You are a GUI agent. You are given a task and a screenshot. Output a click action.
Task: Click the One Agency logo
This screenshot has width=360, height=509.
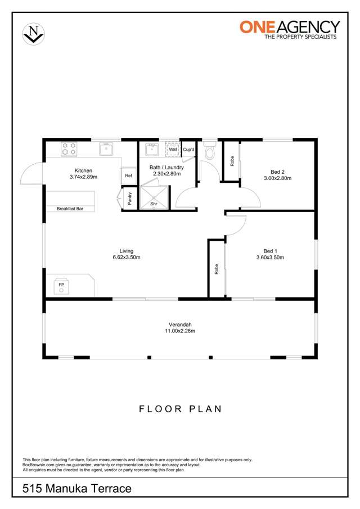[x=290, y=29]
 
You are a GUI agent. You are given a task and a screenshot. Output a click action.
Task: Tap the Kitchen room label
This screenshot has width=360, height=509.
[x=83, y=170]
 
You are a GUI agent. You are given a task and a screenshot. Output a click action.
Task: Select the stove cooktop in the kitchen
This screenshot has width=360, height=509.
[x=69, y=149]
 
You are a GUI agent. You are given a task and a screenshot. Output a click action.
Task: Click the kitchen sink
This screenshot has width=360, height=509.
[x=107, y=149]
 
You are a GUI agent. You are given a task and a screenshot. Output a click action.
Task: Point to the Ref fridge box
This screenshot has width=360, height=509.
[x=129, y=175]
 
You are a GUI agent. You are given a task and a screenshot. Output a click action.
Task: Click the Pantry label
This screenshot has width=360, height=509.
[x=129, y=198]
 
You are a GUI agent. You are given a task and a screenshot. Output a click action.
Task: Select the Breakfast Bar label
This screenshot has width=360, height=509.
[x=70, y=209]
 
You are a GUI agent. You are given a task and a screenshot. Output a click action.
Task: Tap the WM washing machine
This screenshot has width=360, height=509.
[x=173, y=150]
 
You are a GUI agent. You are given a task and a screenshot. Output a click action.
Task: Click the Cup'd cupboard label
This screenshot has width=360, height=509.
[x=188, y=150]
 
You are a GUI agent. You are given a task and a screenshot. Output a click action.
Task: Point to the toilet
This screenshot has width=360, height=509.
[x=210, y=151]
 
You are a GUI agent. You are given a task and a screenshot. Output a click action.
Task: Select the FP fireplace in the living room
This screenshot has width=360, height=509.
[x=61, y=286]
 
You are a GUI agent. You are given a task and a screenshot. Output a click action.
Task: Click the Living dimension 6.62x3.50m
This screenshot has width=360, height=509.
[x=126, y=258]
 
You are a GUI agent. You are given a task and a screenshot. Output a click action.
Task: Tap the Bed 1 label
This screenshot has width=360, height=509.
[x=270, y=251]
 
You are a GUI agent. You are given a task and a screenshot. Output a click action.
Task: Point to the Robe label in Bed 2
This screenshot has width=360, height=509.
[x=231, y=161]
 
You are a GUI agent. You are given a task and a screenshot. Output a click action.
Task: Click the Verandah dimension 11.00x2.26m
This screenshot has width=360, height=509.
[x=180, y=331]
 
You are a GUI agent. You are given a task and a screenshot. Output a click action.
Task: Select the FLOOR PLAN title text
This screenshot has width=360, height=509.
[x=180, y=409]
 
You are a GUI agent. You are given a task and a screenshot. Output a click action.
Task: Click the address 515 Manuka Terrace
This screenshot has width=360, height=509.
[x=77, y=489]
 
